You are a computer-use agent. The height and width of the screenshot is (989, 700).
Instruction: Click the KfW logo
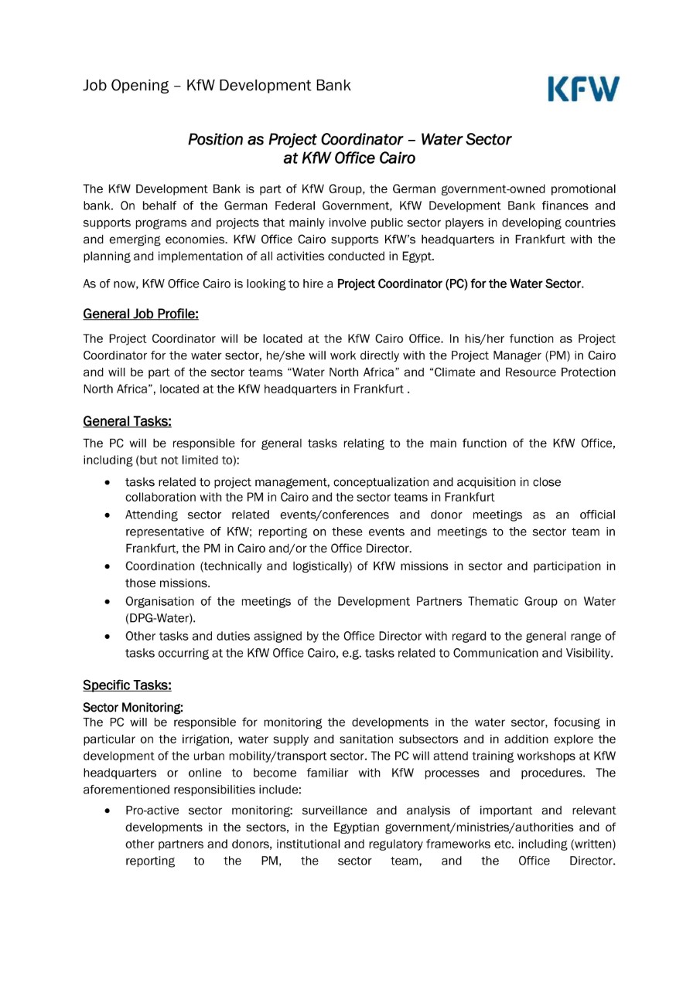click(584, 88)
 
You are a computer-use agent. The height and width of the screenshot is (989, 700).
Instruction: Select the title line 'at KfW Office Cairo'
click(350, 159)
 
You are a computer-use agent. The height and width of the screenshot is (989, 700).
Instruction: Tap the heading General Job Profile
click(141, 314)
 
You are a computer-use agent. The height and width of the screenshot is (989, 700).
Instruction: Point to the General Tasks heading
click(127, 421)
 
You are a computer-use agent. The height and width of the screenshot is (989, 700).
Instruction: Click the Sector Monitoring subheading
click(133, 706)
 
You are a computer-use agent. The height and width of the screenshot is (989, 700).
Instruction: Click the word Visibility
click(582, 653)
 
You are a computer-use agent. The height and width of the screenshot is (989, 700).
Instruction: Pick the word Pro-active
click(152, 811)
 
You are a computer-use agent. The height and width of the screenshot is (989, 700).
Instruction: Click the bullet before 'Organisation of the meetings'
click(108, 602)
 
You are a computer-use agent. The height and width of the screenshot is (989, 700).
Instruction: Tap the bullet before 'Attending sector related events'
click(108, 515)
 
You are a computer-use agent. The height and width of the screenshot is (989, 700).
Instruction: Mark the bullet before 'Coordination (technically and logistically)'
click(108, 567)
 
